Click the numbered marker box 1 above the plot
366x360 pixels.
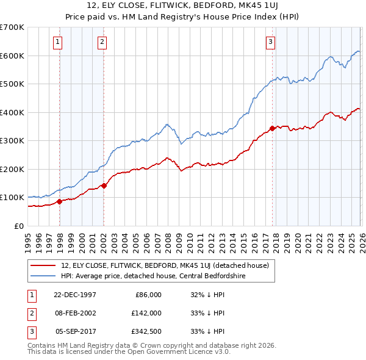point(57,42)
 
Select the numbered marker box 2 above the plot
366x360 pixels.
point(101,42)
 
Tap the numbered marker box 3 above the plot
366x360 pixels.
point(270,42)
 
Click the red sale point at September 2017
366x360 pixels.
point(272,129)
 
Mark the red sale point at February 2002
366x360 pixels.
point(104,185)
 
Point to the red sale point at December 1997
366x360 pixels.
point(60,201)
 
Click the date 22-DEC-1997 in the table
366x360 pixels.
point(75,295)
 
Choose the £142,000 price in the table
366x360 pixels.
point(146,313)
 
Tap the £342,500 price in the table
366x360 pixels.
point(146,331)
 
